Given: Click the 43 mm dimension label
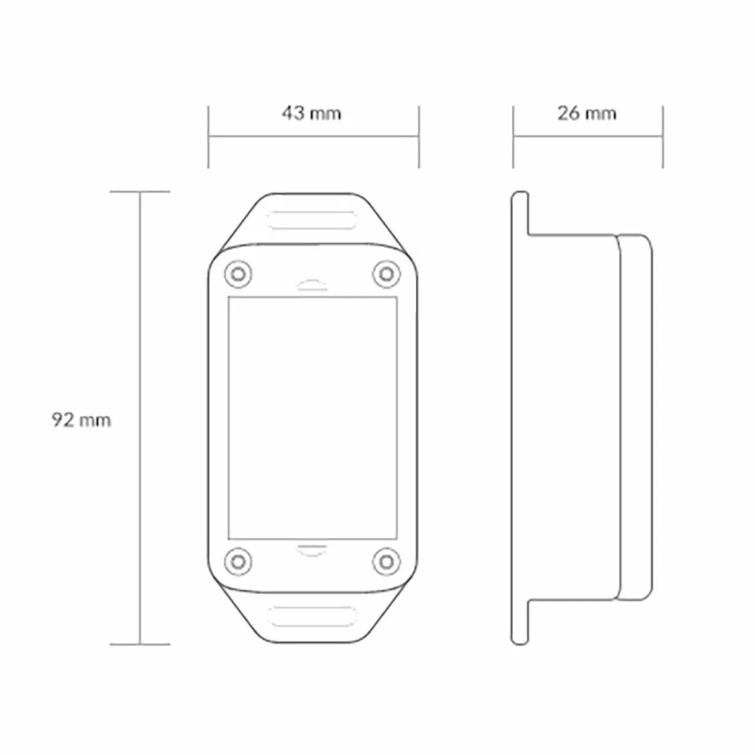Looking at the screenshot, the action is (312, 114).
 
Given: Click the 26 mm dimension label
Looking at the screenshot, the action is (587, 114).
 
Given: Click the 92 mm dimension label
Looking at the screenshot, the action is (82, 420).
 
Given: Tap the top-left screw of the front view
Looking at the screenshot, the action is (238, 274).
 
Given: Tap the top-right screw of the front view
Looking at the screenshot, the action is (387, 274).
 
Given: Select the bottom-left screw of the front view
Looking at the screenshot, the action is (238, 562).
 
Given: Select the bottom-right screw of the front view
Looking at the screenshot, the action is (387, 562).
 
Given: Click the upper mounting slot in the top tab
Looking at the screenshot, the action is (312, 220).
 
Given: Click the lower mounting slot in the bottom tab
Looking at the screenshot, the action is (312, 617).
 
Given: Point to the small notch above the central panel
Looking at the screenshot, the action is (312, 285).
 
